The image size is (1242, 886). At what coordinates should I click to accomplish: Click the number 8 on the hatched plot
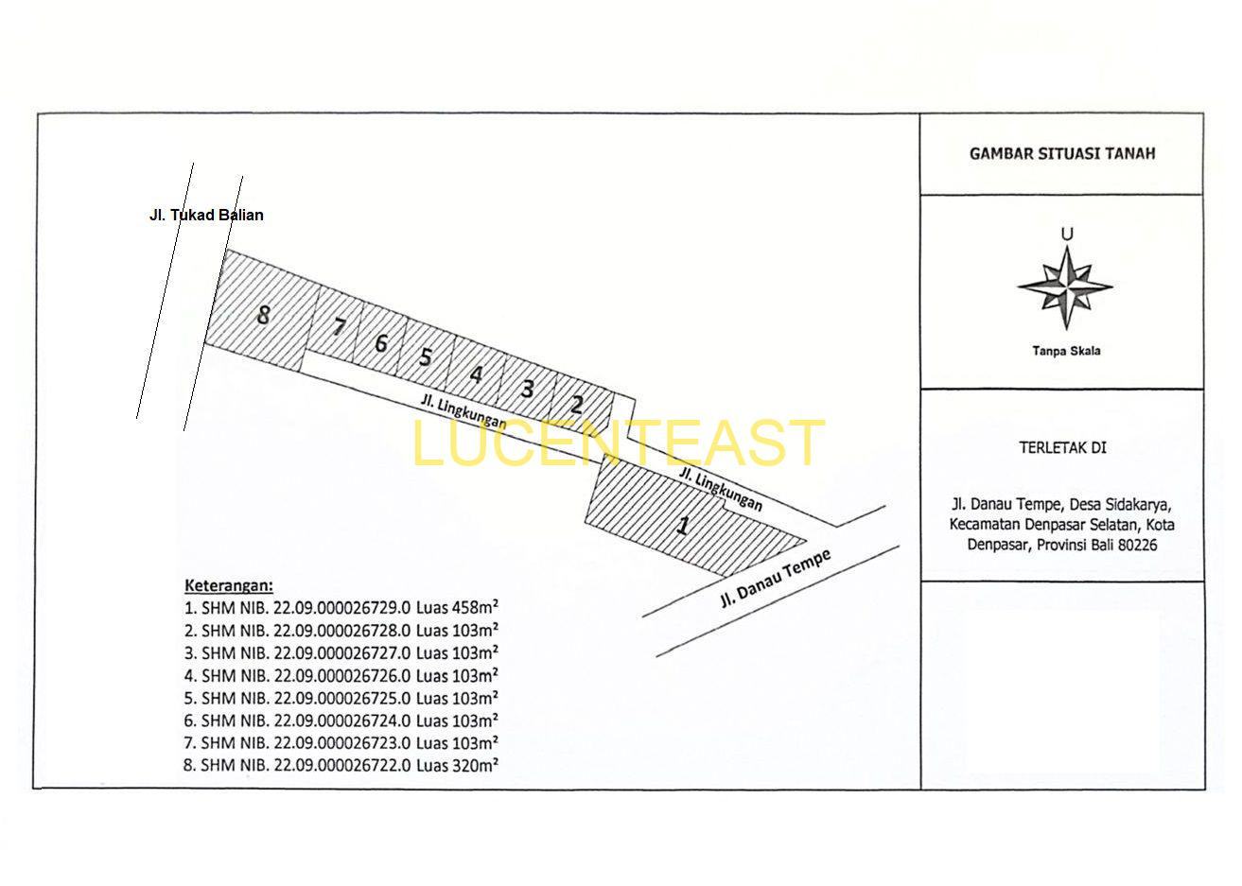tap(263, 315)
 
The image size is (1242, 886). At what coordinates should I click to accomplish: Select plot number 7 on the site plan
tap(339, 327)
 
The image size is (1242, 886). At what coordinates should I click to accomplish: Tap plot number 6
tap(380, 343)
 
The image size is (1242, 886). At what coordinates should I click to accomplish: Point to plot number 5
tap(425, 356)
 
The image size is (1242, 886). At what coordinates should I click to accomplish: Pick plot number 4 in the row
tap(476, 374)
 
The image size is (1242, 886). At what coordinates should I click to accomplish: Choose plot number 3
tap(527, 389)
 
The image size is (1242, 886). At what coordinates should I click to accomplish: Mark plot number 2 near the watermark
tap(577, 405)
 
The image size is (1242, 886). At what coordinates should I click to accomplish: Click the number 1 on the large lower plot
tap(683, 525)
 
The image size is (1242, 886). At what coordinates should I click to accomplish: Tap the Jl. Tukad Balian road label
tap(206, 215)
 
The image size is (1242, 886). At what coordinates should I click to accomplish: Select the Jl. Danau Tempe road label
tap(776, 579)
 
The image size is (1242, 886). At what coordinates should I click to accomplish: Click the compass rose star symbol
tap(1065, 287)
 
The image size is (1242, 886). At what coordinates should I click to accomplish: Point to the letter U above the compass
tap(1067, 235)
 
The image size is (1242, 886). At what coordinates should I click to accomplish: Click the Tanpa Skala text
tap(1066, 351)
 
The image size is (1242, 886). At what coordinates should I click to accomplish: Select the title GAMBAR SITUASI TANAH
tap(1062, 153)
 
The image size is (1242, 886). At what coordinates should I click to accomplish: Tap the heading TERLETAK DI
tap(1062, 447)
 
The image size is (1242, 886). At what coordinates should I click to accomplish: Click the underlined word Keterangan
tap(228, 585)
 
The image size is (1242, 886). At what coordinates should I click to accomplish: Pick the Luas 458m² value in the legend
tap(457, 607)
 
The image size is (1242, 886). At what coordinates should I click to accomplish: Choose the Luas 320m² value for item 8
tap(457, 765)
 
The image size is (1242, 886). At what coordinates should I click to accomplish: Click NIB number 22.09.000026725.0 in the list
tap(342, 698)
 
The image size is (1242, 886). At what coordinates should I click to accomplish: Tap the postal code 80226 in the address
tap(1137, 546)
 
